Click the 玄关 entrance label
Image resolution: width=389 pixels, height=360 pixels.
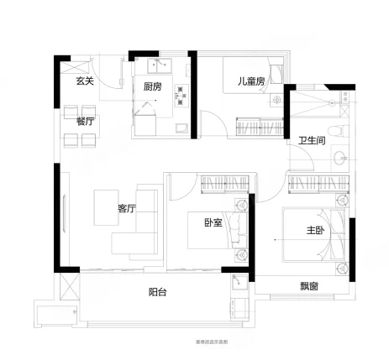83,81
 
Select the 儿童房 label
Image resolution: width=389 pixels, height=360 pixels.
251,81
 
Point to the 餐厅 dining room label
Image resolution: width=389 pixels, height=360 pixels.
85,121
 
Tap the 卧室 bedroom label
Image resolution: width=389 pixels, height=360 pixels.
213,222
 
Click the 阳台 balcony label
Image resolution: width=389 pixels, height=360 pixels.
158,293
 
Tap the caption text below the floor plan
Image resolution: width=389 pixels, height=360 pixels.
194,343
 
